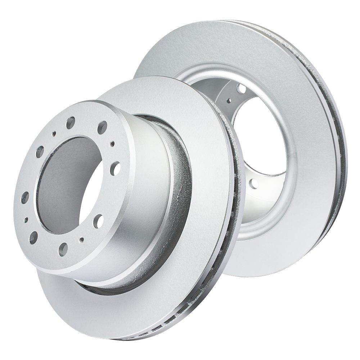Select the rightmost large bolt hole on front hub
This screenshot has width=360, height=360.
pos(116,166)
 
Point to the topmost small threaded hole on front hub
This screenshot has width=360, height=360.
pos(54,134)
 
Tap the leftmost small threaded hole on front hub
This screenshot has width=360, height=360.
pos(26,219)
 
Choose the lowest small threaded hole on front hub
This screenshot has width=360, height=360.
pos(82,239)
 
